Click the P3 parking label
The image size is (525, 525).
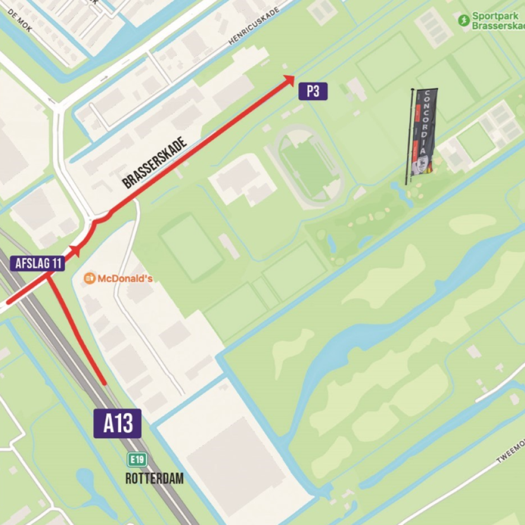pos(313,91)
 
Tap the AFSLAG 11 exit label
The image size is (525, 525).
pos(37,263)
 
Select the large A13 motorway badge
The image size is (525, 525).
pos(117,423)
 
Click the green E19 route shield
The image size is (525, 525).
pos(137,460)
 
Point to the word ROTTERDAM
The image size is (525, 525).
pos(154,479)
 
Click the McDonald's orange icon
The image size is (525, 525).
pos(89,278)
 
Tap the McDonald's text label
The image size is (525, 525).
pos(125,278)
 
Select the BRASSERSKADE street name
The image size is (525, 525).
pos(154,163)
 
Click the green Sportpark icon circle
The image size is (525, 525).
pos(464,20)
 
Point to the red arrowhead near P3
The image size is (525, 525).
pos(289,79)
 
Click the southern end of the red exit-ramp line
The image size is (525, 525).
pos(104,383)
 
